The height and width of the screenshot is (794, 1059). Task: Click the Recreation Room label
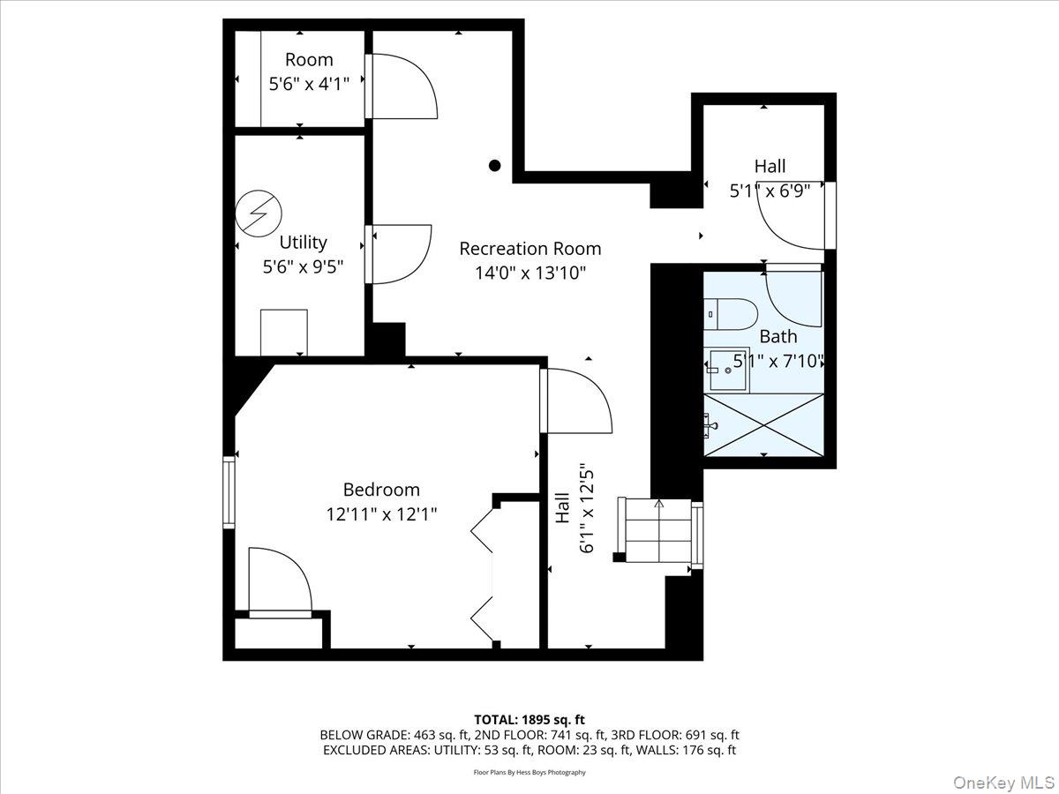(x=529, y=249)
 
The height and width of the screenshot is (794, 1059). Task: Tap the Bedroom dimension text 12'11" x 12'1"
(x=381, y=513)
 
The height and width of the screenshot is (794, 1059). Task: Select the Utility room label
(x=303, y=242)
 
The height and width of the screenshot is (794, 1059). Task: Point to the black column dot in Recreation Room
(x=495, y=165)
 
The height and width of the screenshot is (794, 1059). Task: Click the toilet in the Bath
(x=732, y=313)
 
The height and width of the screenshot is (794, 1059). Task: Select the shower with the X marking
(x=764, y=424)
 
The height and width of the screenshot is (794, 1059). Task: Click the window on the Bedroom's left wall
(x=229, y=492)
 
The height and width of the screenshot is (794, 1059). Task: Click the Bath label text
(x=777, y=336)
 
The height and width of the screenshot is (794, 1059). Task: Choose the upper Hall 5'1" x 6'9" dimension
(x=770, y=190)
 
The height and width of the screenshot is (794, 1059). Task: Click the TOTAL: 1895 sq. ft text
(x=529, y=720)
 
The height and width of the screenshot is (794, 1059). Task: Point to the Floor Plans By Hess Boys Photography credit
(x=529, y=772)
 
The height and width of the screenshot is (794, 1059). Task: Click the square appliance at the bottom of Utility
(x=283, y=332)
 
